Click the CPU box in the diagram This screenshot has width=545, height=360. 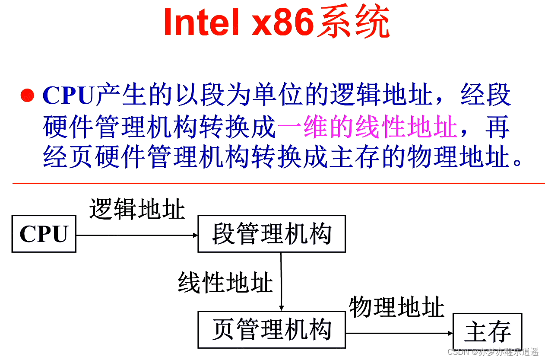[x=44, y=233]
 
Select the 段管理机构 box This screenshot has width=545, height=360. [x=271, y=234]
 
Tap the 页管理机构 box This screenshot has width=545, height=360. [x=271, y=330]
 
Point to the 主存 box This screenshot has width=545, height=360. [x=487, y=331]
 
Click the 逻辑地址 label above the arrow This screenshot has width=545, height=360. [x=137, y=210]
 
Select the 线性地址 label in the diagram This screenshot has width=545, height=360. [x=225, y=284]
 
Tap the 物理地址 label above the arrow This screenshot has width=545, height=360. [x=396, y=307]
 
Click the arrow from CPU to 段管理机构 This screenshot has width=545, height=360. [x=136, y=235]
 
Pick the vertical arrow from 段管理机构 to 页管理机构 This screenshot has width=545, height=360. [x=281, y=281]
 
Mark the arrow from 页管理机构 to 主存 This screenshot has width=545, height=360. [x=399, y=333]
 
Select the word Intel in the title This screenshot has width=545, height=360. [x=201, y=22]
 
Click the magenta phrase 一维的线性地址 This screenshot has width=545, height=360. [x=367, y=127]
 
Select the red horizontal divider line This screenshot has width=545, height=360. [x=279, y=183]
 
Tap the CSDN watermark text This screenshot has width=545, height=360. [x=493, y=351]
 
